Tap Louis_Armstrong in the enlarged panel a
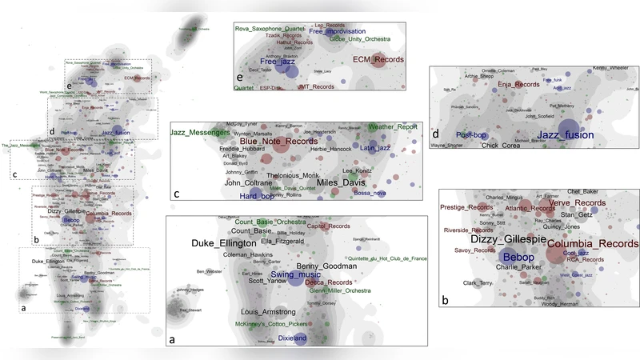[x=268, y=311]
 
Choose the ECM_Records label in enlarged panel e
[x=379, y=59]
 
